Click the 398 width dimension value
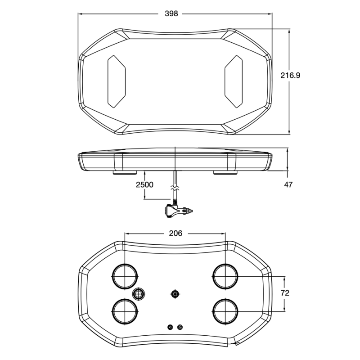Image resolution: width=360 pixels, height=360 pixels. click(171, 14)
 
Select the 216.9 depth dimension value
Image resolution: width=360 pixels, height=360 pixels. click(290, 75)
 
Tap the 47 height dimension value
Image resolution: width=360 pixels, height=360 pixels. click(288, 184)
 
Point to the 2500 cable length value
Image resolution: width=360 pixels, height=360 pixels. click(144, 184)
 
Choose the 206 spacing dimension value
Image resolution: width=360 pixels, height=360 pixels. click(175, 233)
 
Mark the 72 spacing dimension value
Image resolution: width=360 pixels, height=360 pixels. click(285, 293)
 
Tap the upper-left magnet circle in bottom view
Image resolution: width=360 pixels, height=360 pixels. click(125, 276)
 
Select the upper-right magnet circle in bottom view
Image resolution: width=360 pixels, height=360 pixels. click(225, 276)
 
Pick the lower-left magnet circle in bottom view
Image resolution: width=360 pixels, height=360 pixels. click(125, 311)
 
